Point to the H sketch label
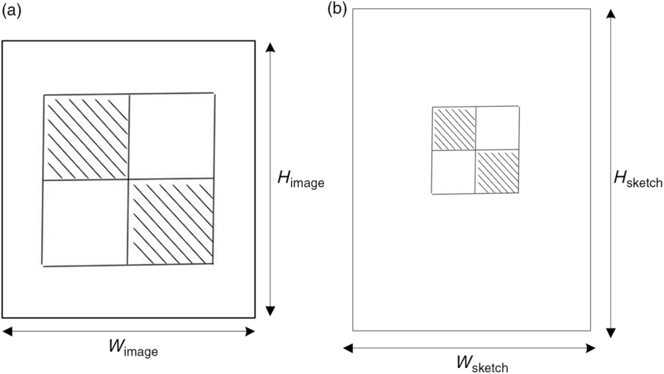[637, 180]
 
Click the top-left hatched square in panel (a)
[86, 137]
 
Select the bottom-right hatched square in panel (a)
[172, 221]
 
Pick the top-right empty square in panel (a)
[172, 136]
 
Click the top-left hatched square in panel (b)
[454, 128]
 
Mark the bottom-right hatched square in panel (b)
[499, 171]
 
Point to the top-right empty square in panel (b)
[499, 128]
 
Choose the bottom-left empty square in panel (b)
[454, 172]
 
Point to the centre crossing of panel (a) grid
[129, 179]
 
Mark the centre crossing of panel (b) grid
[476, 150]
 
